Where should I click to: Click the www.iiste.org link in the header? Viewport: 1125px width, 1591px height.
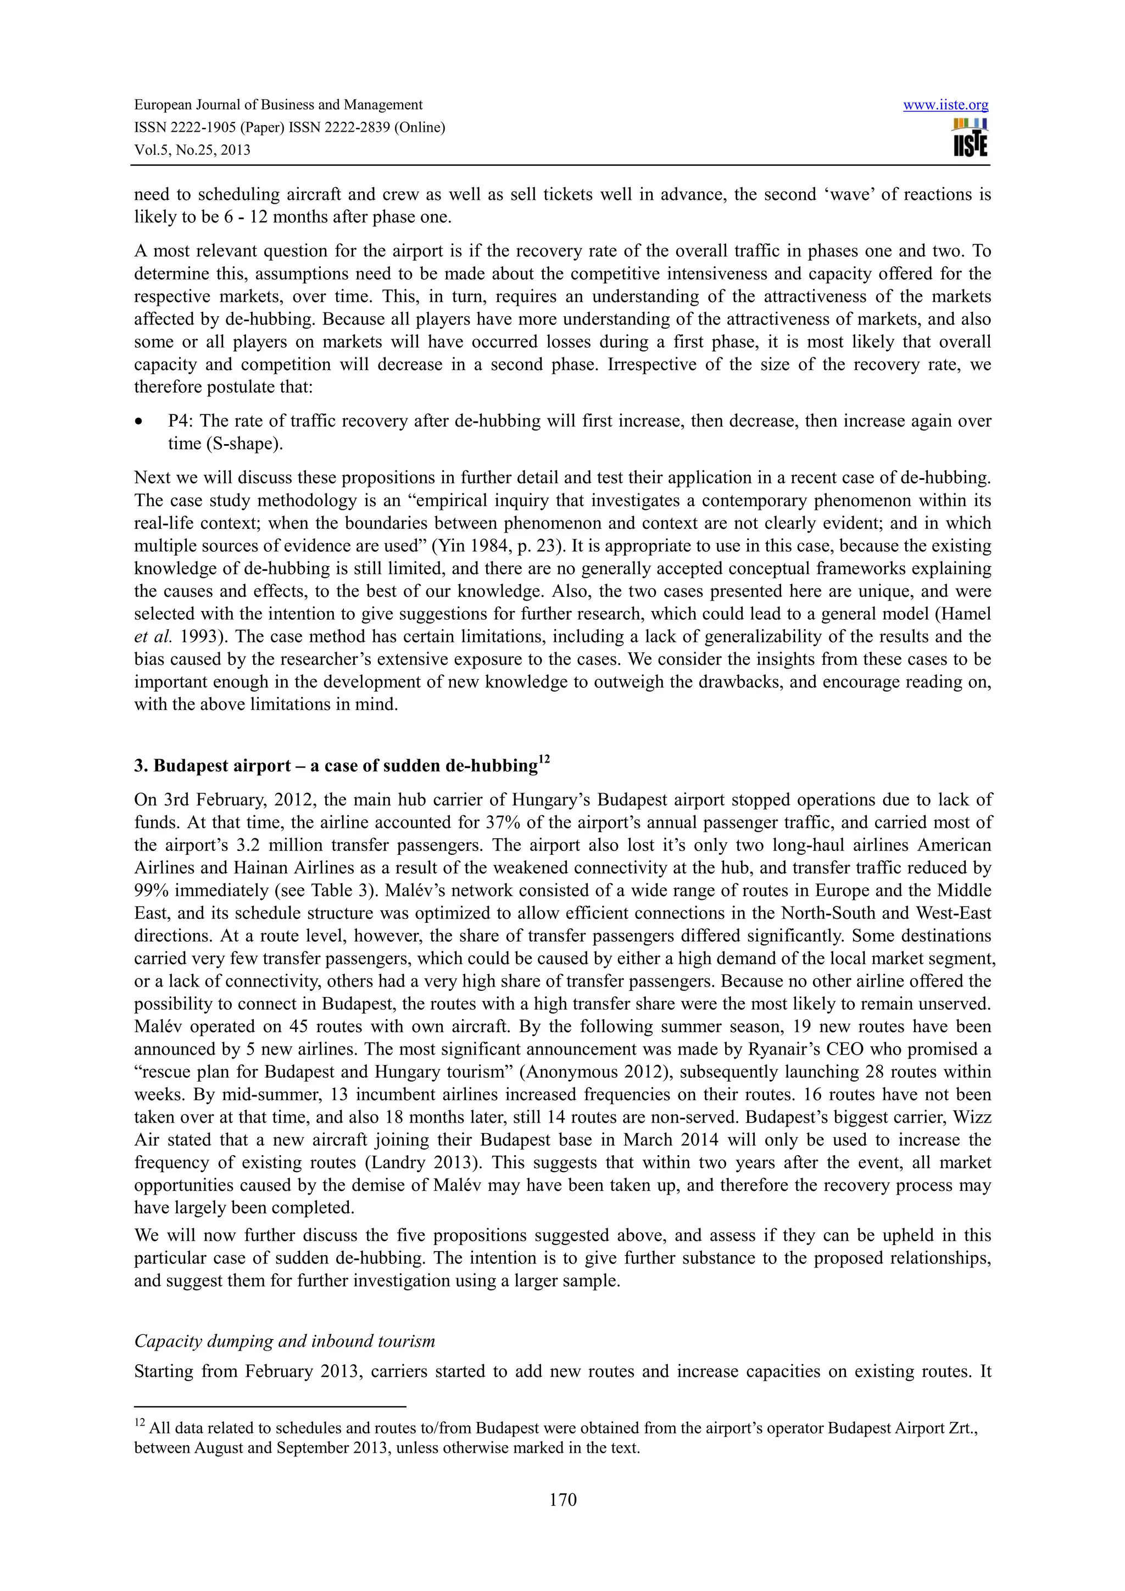945,105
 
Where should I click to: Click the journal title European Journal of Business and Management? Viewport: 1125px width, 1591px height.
278,105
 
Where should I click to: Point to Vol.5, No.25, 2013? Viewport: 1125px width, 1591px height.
192,150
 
